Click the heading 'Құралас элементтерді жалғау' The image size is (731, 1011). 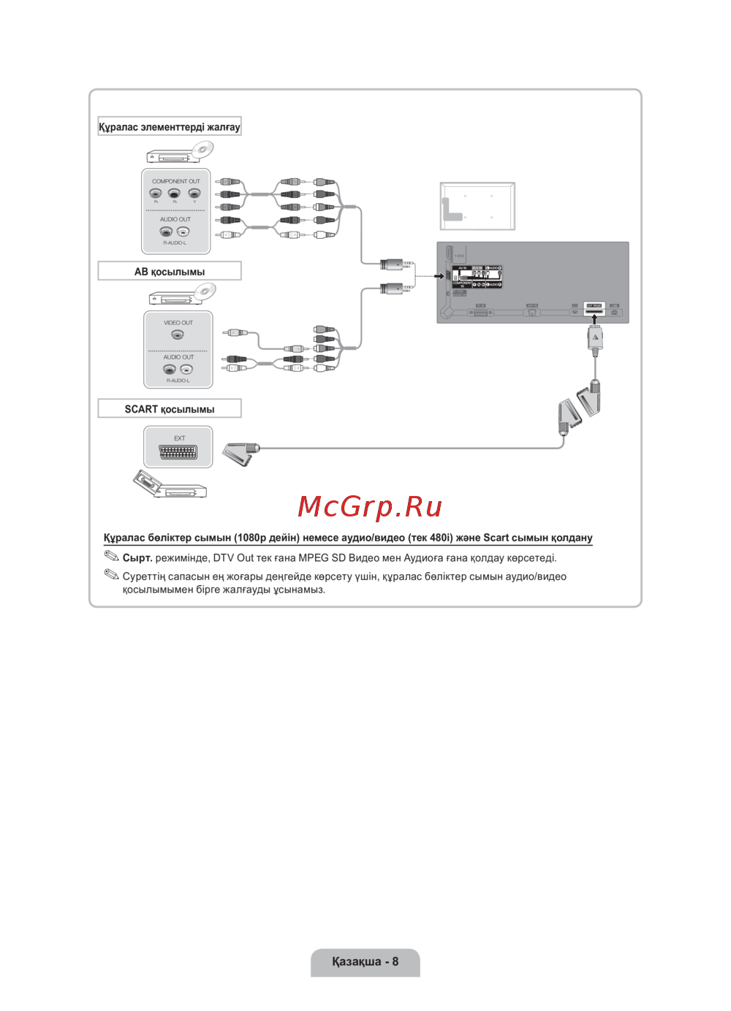pos(170,127)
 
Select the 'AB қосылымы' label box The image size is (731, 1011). pos(170,272)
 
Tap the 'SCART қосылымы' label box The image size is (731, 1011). pos(170,409)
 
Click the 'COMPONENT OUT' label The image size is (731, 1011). pos(175,181)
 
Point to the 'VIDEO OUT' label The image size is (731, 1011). pos(178,322)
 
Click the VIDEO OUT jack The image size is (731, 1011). pos(178,335)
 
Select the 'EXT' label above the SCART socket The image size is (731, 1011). pos(179,438)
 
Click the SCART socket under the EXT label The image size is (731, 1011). pos(178,453)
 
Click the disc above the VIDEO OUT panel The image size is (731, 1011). pos(205,291)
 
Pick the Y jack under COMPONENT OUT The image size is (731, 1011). pos(194,194)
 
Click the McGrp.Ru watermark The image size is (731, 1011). pos(370,506)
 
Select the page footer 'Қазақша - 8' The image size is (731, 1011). pos(365,961)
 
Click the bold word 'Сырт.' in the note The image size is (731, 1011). pos(137,558)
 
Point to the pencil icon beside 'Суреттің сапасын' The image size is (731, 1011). pos(111,575)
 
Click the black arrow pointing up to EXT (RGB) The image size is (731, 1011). pos(594,319)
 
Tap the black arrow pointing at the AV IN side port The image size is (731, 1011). pos(440,275)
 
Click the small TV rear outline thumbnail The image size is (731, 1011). pos(477,206)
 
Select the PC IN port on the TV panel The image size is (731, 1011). pos(480,312)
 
